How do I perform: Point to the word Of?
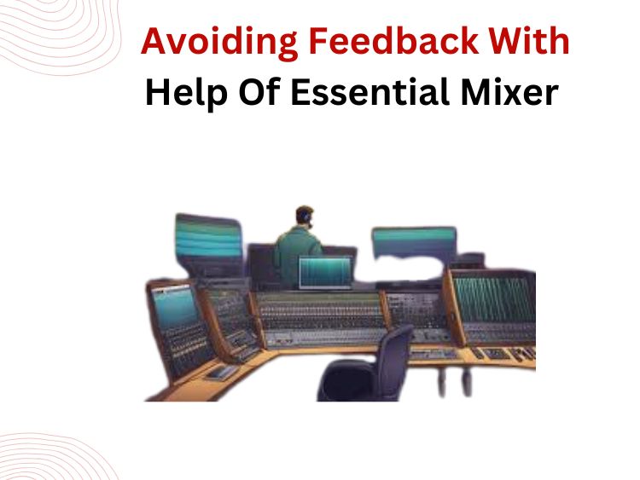(253, 93)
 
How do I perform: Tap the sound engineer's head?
(304, 217)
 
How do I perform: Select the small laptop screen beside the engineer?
(325, 273)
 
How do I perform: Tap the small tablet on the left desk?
(219, 372)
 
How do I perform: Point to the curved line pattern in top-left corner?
(43, 38)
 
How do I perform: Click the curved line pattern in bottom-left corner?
(43, 456)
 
